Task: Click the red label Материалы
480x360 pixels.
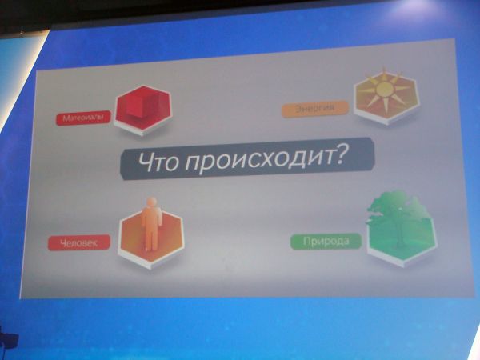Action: pyautogui.click(x=83, y=118)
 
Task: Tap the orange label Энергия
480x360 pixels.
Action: pyautogui.click(x=315, y=109)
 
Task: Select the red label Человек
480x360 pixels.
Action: pyautogui.click(x=79, y=242)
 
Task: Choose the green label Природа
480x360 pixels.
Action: pyautogui.click(x=326, y=241)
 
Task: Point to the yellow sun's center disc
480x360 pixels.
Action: pyautogui.click(x=385, y=88)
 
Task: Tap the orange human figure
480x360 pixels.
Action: pyautogui.click(x=151, y=224)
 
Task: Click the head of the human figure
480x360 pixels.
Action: pyautogui.click(x=151, y=202)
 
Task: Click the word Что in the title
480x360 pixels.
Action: pyautogui.click(x=158, y=162)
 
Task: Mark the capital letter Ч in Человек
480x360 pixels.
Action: pyautogui.click(x=64, y=243)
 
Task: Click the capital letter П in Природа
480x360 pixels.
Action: pyautogui.click(x=307, y=241)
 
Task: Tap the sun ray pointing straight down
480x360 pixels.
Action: pyautogui.click(x=385, y=105)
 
